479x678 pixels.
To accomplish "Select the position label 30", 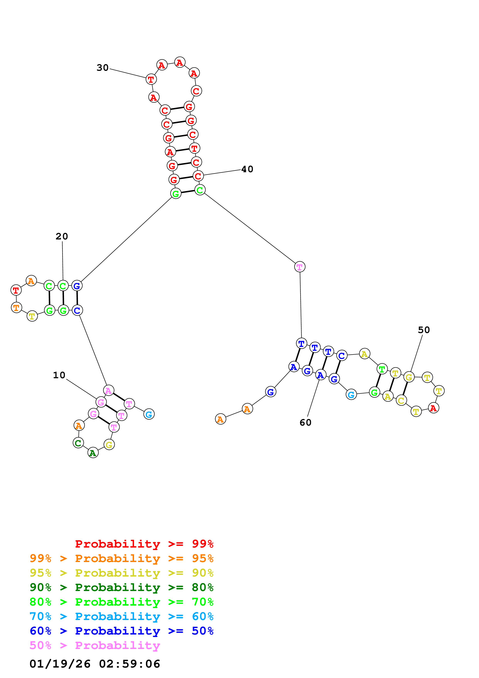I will [x=103, y=68].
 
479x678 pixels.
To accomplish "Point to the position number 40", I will [x=247, y=169].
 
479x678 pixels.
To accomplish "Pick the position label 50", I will [x=424, y=330].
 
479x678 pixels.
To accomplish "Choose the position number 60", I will [x=305, y=422].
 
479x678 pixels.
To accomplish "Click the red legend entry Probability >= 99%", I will [x=144, y=544].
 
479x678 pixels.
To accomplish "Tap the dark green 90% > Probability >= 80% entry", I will [x=121, y=587].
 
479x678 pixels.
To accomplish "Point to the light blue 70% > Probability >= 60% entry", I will [x=121, y=616].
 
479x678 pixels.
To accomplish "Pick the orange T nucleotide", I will [x=16, y=307].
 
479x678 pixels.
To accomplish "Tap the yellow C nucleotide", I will [x=401, y=400].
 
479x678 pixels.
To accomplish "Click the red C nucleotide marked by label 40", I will [x=198, y=176].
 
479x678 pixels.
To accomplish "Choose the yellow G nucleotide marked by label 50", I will [x=409, y=377].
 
